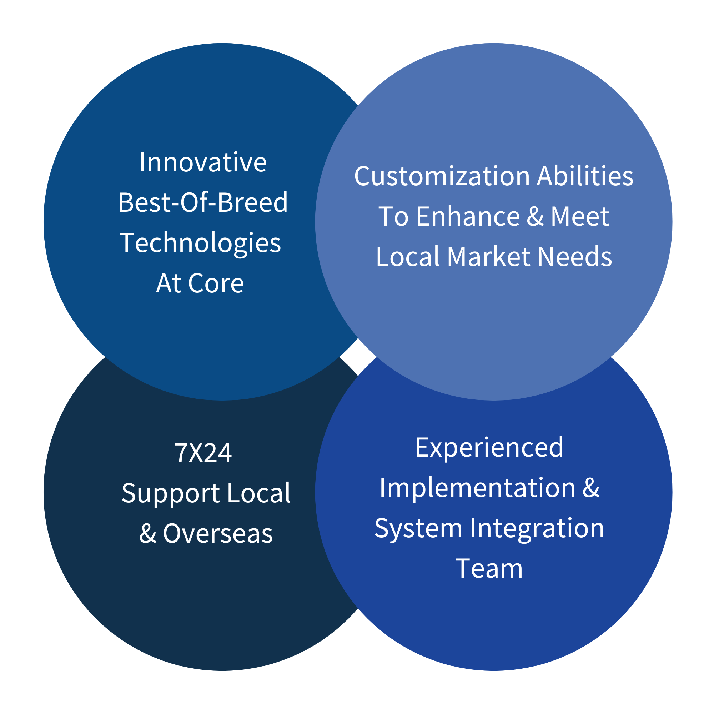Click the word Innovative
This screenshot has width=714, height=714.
click(x=203, y=162)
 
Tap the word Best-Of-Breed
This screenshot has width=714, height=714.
click(x=203, y=202)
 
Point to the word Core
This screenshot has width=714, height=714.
click(x=216, y=283)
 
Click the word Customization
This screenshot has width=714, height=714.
click(x=442, y=176)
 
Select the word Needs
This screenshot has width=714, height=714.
click(x=575, y=256)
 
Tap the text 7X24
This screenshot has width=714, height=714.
click(x=203, y=453)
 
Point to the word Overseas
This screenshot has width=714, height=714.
click(x=218, y=534)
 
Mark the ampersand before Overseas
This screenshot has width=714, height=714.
click(x=147, y=534)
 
